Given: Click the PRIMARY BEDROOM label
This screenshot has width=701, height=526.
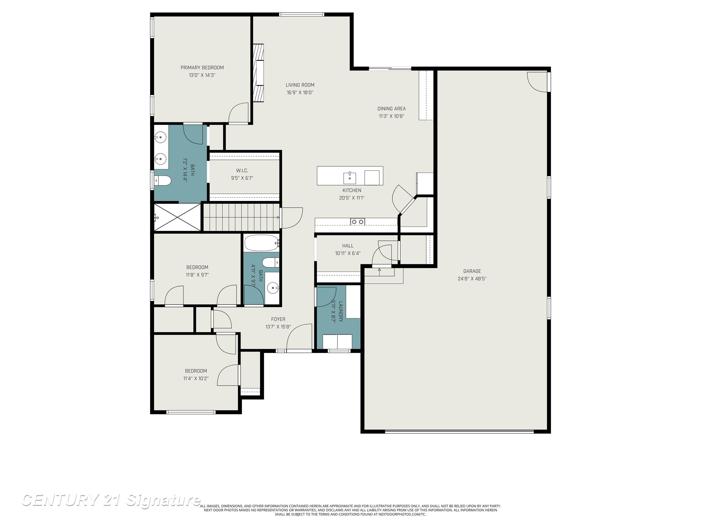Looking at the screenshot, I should [x=202, y=68].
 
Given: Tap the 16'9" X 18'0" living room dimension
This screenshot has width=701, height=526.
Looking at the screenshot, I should [x=300, y=93].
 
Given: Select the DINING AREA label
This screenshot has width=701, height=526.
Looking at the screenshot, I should [x=391, y=108].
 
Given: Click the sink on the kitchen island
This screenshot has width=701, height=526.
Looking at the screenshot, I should [x=350, y=178].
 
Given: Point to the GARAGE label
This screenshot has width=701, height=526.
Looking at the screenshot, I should [x=472, y=271].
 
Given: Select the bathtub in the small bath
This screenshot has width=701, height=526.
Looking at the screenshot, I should [x=262, y=243].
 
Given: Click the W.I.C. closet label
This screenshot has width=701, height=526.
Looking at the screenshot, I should [x=242, y=171].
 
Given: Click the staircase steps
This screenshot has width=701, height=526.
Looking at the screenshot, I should [x=241, y=217].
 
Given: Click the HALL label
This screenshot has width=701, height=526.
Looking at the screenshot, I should [x=348, y=246].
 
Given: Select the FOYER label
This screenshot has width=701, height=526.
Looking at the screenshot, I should [x=278, y=319].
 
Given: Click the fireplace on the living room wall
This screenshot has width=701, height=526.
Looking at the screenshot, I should [x=258, y=73].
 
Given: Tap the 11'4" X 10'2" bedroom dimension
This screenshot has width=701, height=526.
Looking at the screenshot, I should [x=196, y=378].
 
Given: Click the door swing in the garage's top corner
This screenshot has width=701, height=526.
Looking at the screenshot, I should [x=537, y=82].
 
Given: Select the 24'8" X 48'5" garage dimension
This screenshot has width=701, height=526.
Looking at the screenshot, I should [x=472, y=279].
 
